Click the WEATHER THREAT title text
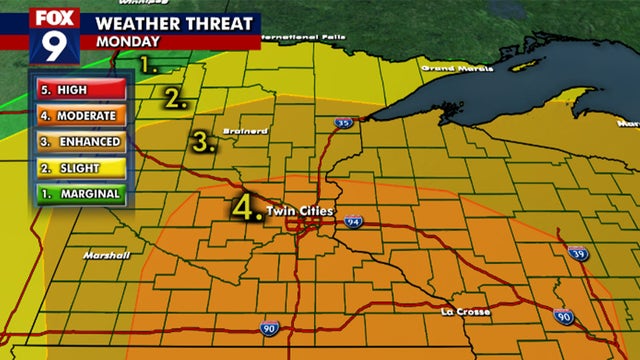(x=173, y=23)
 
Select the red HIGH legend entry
(x=78, y=90)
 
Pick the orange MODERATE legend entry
(x=78, y=116)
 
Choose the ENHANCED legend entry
(x=78, y=142)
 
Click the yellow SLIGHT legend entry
(x=78, y=168)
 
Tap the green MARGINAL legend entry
(x=78, y=194)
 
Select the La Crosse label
(x=465, y=312)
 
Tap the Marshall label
(x=107, y=255)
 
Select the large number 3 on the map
(x=203, y=141)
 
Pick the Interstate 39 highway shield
(x=577, y=254)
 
